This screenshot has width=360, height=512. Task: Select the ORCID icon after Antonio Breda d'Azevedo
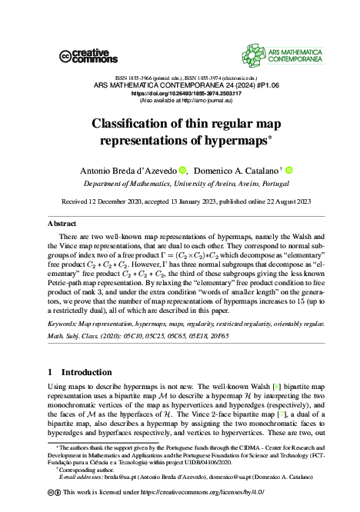[x=183, y=170]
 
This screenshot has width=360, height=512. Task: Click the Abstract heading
[x=62, y=223]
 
